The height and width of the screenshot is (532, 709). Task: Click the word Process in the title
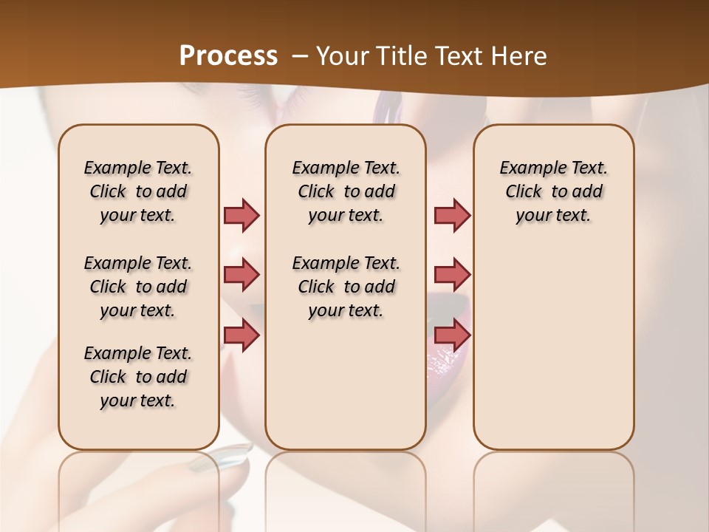(228, 56)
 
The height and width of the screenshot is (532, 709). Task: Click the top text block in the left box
(138, 191)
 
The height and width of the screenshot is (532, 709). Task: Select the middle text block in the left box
(138, 287)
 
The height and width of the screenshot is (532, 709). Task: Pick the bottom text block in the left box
(138, 377)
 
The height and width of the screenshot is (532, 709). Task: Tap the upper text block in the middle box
(346, 191)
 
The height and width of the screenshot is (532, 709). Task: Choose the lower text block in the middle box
(346, 287)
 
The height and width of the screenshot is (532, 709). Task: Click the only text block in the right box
(553, 191)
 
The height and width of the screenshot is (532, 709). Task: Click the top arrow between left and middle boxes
(242, 215)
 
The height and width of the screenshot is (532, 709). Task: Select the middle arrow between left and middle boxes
(242, 275)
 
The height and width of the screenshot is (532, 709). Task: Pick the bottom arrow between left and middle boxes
(242, 335)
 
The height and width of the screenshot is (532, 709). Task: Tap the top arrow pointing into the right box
(452, 215)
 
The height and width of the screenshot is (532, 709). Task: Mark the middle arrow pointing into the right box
(452, 275)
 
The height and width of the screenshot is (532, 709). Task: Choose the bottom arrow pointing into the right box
(452, 335)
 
